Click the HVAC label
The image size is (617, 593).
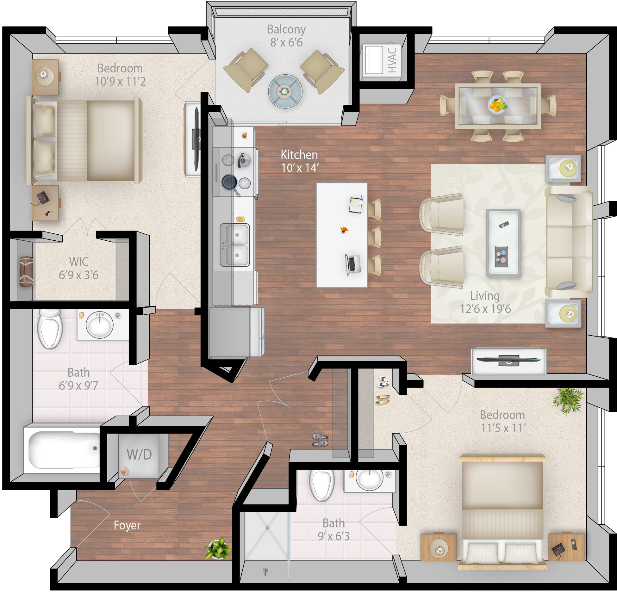(392, 60)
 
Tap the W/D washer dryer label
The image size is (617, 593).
(139, 454)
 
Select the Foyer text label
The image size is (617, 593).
(127, 525)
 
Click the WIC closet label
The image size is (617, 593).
(79, 262)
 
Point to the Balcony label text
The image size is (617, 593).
(286, 29)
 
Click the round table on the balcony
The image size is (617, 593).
(285, 91)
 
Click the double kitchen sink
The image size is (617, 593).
(235, 245)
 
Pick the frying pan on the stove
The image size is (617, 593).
(230, 184)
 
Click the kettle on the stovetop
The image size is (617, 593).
(244, 160)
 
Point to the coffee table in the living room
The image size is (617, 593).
(503, 242)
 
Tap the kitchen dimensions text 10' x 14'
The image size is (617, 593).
(300, 168)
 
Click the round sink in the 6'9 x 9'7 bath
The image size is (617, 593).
(100, 324)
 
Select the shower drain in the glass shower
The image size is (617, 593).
(267, 528)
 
